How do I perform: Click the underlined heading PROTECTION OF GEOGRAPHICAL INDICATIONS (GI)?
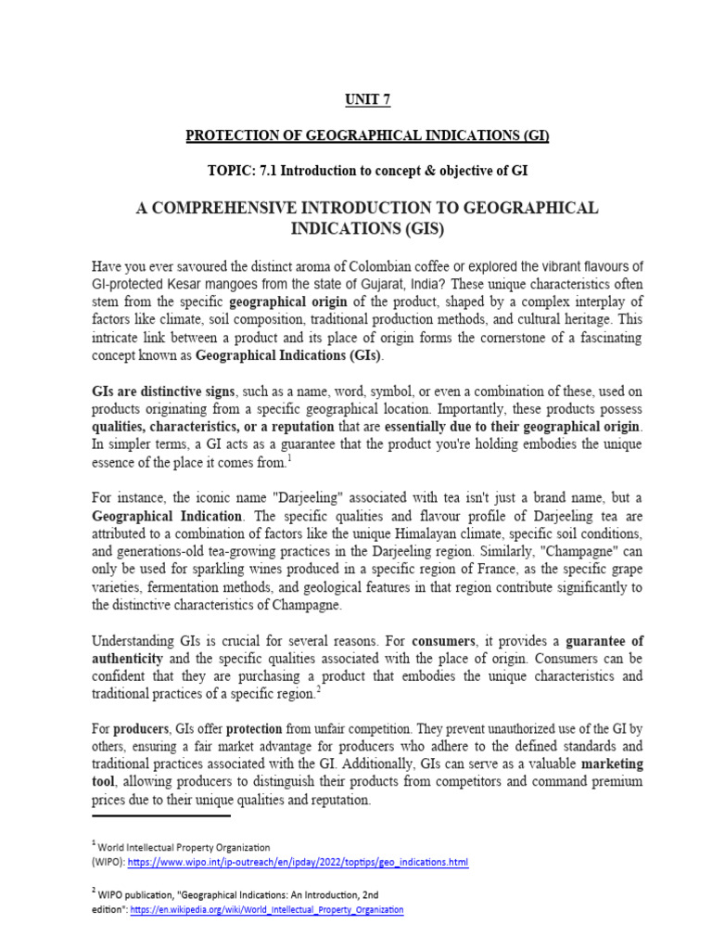pos(367,135)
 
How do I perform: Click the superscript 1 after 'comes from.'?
pos(289,457)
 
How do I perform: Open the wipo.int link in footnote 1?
pos(298,862)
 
